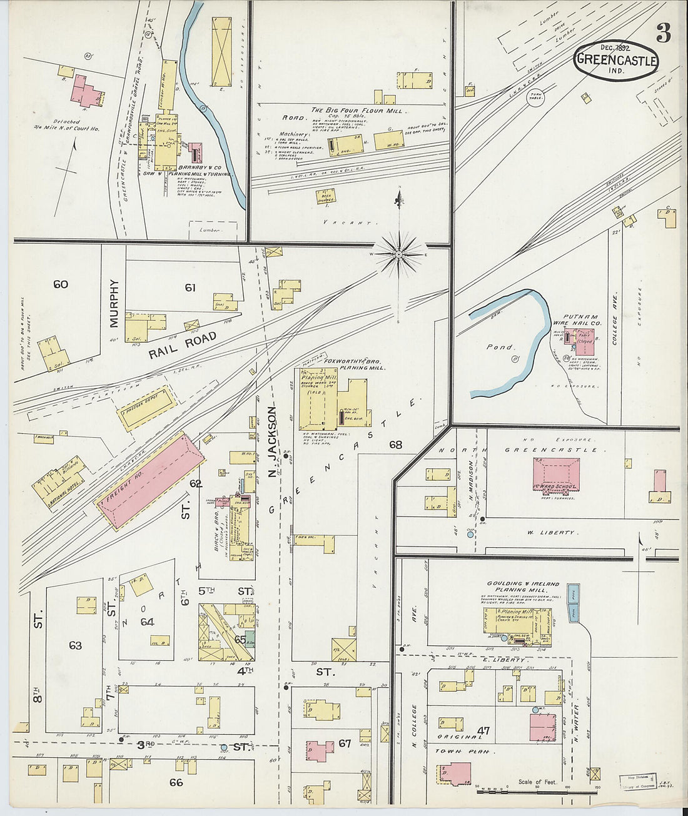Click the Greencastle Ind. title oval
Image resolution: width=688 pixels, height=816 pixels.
616,60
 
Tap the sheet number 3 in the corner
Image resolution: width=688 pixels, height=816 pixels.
663,34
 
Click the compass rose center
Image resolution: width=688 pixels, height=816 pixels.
398,254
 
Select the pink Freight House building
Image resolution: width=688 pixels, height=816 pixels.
150,480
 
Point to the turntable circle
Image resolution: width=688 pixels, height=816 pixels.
535,98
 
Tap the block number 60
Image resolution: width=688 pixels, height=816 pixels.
61,285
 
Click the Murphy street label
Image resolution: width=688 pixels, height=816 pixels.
114,303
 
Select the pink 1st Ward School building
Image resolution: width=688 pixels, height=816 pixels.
556,473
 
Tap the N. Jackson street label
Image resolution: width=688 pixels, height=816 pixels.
271,441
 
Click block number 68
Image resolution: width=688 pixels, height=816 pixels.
395,445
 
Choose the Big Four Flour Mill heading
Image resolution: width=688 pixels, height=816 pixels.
354,110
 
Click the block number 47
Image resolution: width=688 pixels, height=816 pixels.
483,730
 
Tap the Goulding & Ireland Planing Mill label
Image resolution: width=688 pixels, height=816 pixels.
524,586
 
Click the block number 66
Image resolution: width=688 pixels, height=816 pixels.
176,782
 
